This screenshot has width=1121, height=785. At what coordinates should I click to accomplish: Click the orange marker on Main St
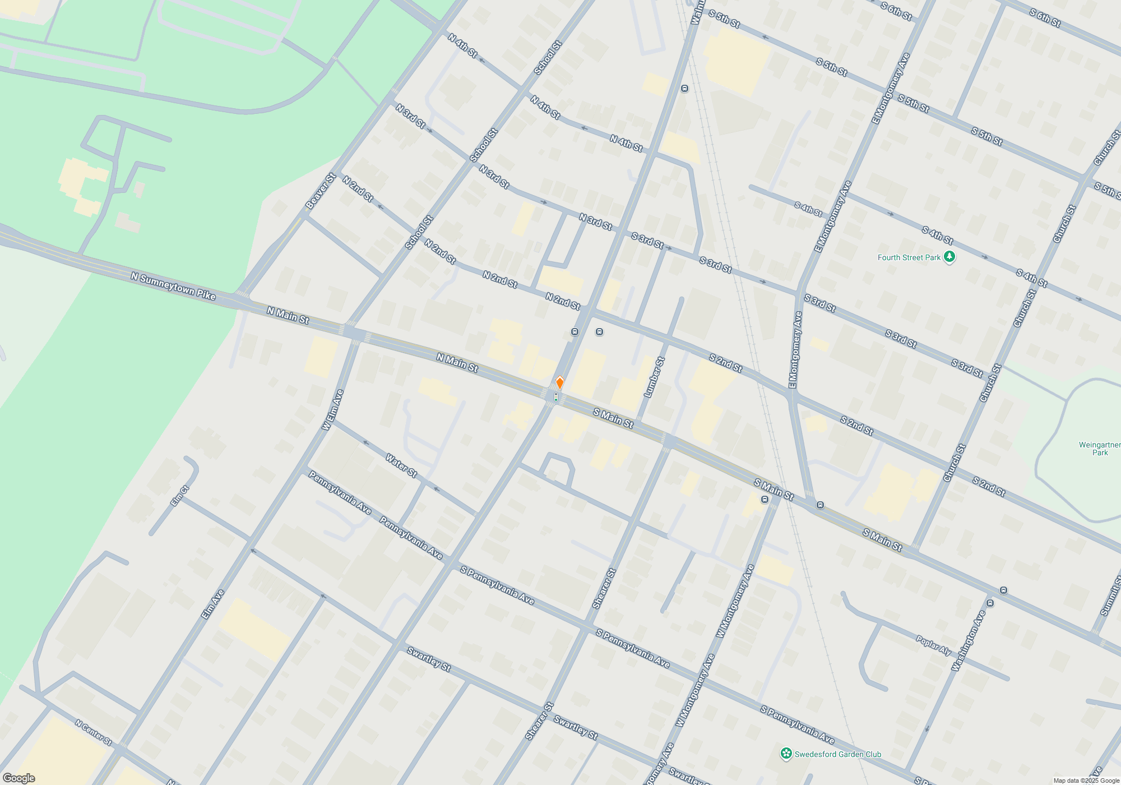tap(559, 383)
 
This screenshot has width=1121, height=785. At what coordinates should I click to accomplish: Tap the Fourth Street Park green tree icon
tap(949, 257)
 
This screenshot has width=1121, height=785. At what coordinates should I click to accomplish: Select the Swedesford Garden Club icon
tap(786, 754)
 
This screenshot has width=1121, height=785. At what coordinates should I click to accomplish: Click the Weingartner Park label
tap(1099, 449)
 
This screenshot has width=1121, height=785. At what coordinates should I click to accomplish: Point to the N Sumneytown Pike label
tap(173, 287)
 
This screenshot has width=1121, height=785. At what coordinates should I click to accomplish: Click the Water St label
tap(401, 465)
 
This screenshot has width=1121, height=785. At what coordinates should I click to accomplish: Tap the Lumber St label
tap(654, 377)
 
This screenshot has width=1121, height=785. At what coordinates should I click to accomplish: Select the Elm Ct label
tap(180, 496)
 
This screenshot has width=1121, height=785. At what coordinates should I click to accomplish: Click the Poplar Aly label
tap(933, 645)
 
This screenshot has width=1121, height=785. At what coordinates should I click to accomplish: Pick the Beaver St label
tap(320, 191)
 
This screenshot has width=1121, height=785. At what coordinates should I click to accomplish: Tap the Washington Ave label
tap(968, 641)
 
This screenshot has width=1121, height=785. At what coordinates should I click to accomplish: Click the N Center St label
tap(93, 732)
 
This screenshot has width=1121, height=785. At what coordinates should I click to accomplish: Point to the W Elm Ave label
tap(332, 410)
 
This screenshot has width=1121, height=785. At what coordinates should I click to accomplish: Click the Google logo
tap(18, 778)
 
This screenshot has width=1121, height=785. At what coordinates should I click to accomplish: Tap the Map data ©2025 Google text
tap(1086, 781)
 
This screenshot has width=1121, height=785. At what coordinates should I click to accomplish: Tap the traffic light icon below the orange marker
tap(555, 397)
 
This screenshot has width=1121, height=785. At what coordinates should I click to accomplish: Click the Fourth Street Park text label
tap(909, 257)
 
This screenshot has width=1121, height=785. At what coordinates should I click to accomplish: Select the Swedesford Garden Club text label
tap(837, 754)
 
